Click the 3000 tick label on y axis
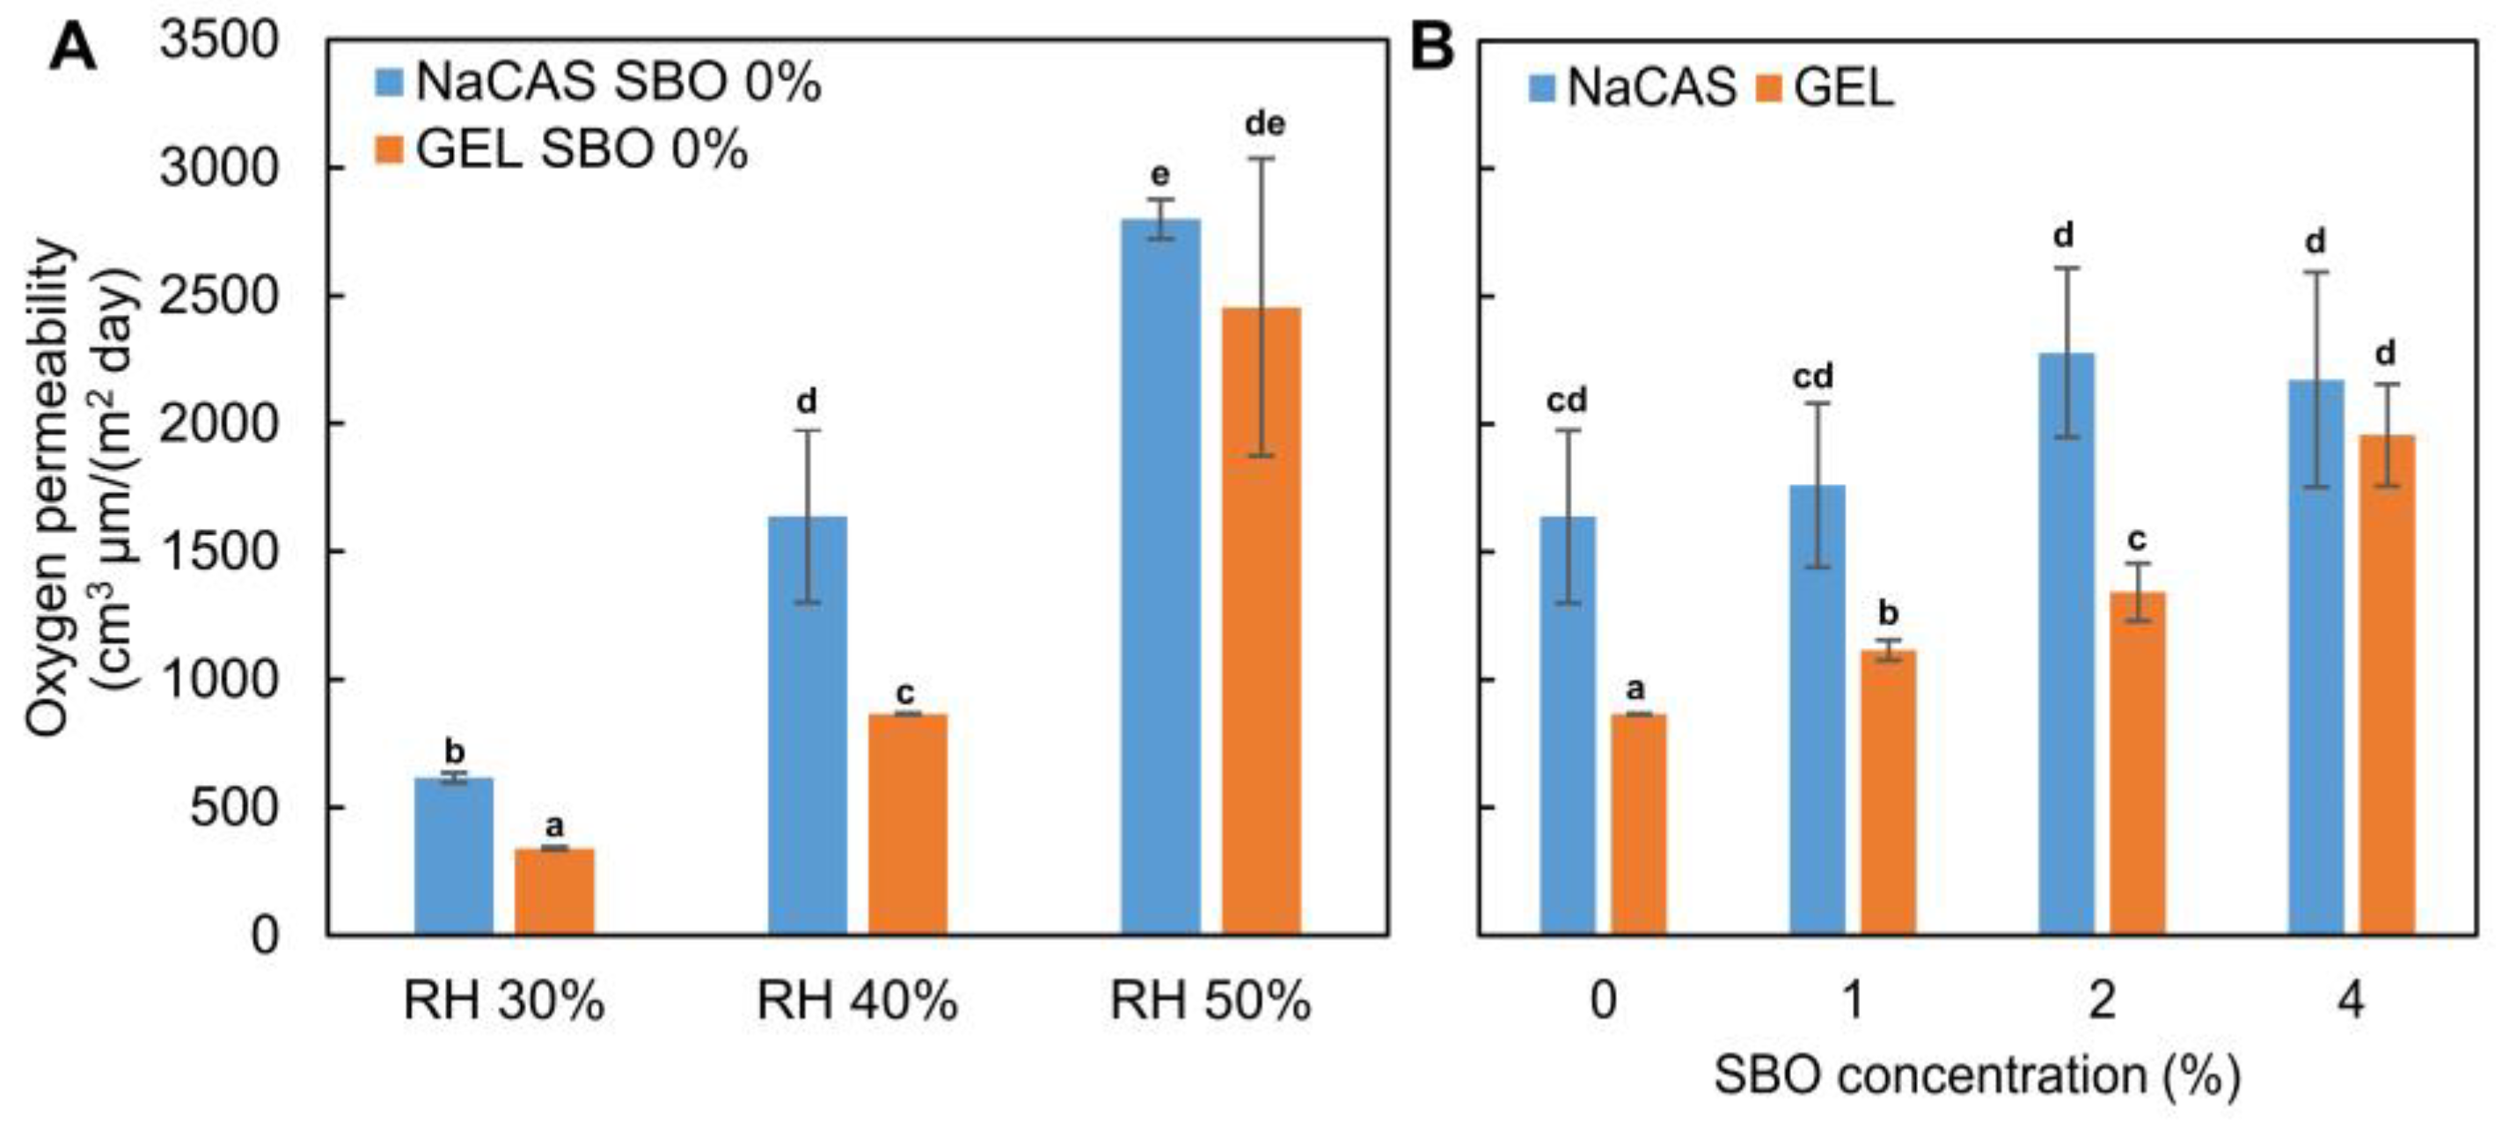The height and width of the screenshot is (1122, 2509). (x=218, y=168)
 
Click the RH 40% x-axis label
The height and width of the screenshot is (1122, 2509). (x=857, y=1001)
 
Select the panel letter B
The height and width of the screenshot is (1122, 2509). (x=1432, y=46)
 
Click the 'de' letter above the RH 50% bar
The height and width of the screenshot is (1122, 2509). (x=1264, y=124)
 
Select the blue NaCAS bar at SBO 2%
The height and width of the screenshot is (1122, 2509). (x=2066, y=642)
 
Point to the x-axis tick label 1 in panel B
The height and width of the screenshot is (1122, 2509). (x=1853, y=1001)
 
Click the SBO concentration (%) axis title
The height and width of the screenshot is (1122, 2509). (x=1978, y=1075)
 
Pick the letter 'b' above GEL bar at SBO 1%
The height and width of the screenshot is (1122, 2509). (x=1888, y=613)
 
